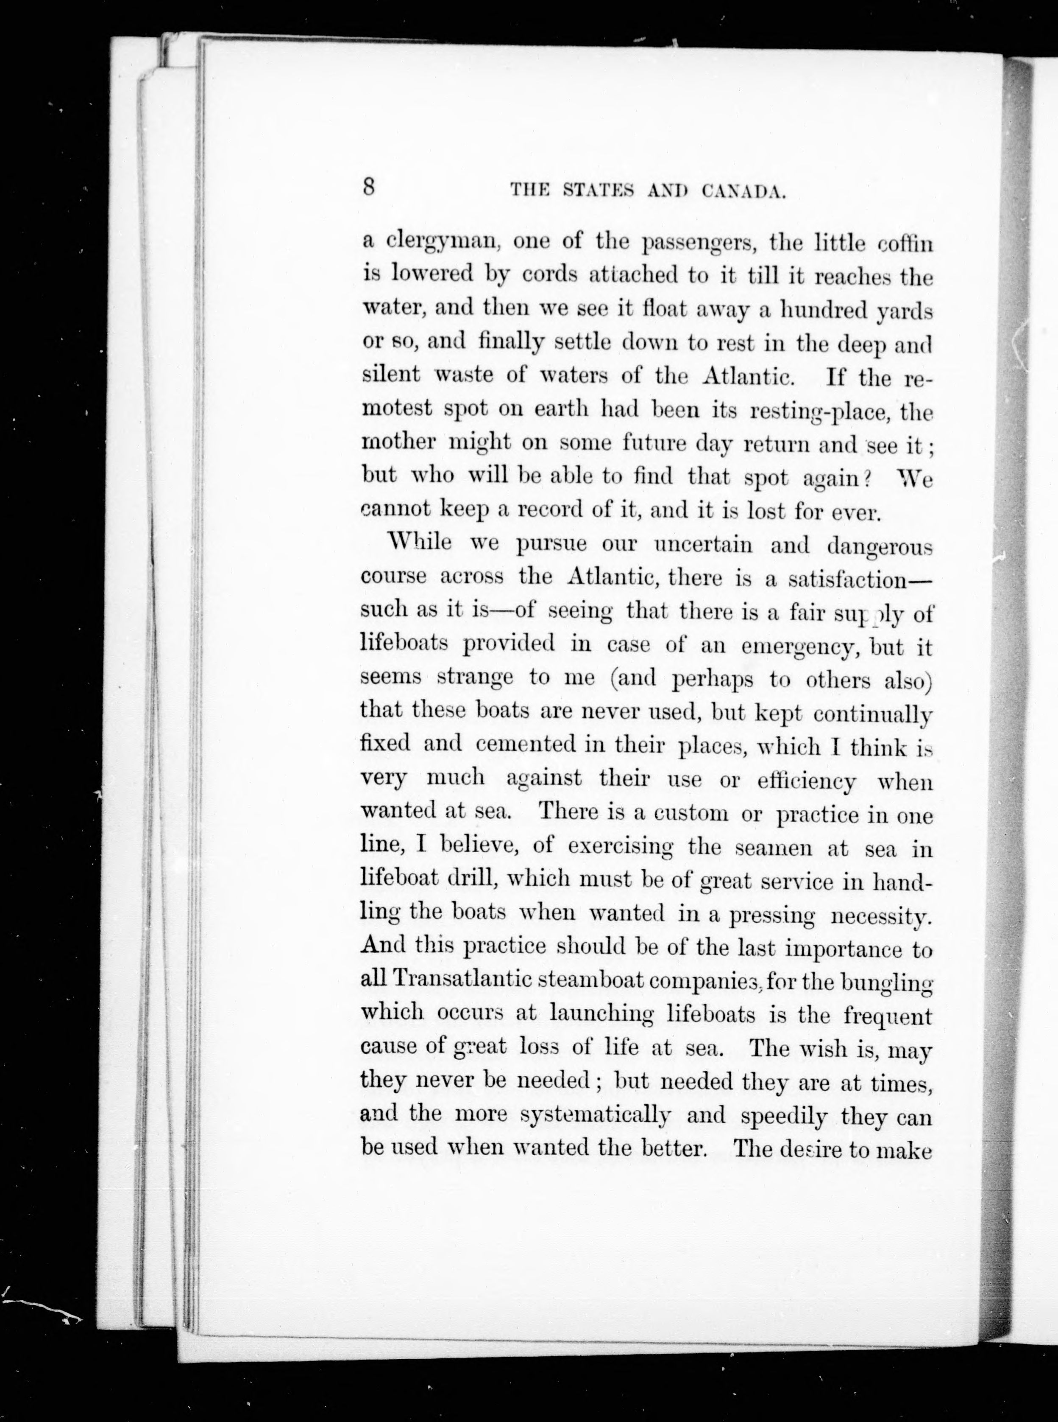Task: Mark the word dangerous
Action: [879, 546]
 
